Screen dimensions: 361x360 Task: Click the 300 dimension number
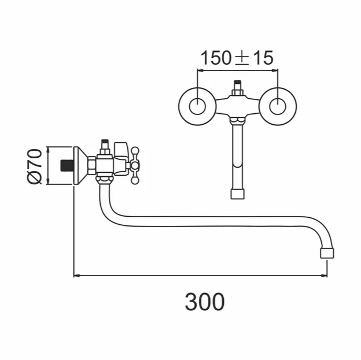[x=205, y=301]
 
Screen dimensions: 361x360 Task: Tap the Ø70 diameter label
[x=35, y=166]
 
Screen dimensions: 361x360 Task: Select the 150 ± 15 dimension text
[x=237, y=58]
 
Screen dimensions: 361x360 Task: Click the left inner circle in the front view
[x=197, y=106]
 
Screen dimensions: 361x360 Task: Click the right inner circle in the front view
[x=278, y=106]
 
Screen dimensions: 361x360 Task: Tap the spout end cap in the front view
[x=237, y=194]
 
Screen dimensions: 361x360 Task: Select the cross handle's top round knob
[x=135, y=151]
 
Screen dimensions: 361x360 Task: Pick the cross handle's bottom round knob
[x=135, y=180]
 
